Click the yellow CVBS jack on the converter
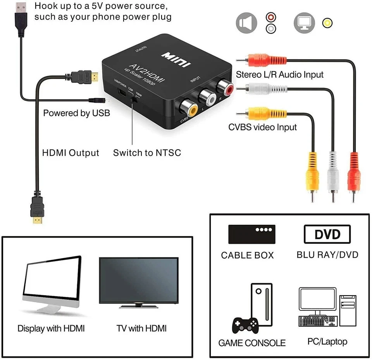coord(185,105)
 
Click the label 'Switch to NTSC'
coord(147,153)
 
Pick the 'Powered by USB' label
coord(76,113)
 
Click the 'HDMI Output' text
coord(71,153)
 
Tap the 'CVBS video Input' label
coord(262,127)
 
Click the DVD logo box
coord(327,234)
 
